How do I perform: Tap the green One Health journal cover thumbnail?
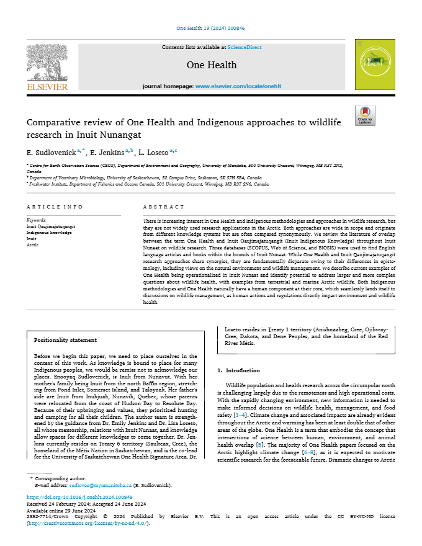point(374,64)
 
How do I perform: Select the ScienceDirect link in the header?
point(245,47)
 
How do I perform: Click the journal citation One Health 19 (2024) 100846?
point(211,29)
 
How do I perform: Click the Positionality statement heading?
point(65,340)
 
